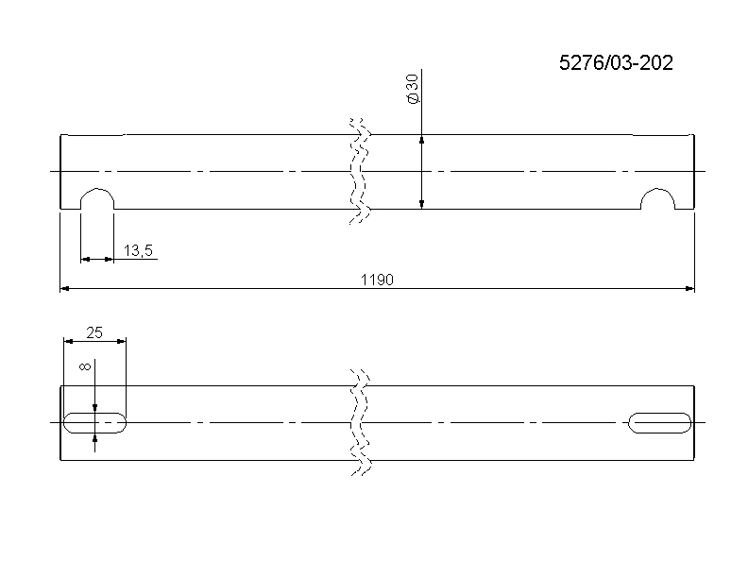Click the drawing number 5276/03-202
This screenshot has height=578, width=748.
[x=616, y=63]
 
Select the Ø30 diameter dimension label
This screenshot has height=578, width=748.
[x=413, y=89]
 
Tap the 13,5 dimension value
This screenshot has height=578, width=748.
[x=138, y=250]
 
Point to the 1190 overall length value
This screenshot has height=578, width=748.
[x=377, y=280]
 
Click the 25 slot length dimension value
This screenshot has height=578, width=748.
[x=94, y=332]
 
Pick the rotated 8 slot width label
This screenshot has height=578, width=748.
[x=85, y=366]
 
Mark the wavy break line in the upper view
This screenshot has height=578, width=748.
[x=359, y=171]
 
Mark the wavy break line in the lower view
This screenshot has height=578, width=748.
[x=359, y=422]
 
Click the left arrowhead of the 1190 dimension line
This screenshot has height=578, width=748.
[x=65, y=288]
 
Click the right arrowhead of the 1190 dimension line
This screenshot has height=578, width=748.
[x=689, y=288]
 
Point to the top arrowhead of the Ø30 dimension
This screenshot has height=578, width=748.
[x=422, y=140]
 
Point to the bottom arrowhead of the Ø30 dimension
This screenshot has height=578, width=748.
[x=422, y=204]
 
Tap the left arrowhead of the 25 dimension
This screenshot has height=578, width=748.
[x=69, y=341]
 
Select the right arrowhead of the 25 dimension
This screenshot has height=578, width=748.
[x=121, y=341]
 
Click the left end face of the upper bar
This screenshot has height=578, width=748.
[x=60, y=172]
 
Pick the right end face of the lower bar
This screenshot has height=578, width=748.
[x=694, y=423]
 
